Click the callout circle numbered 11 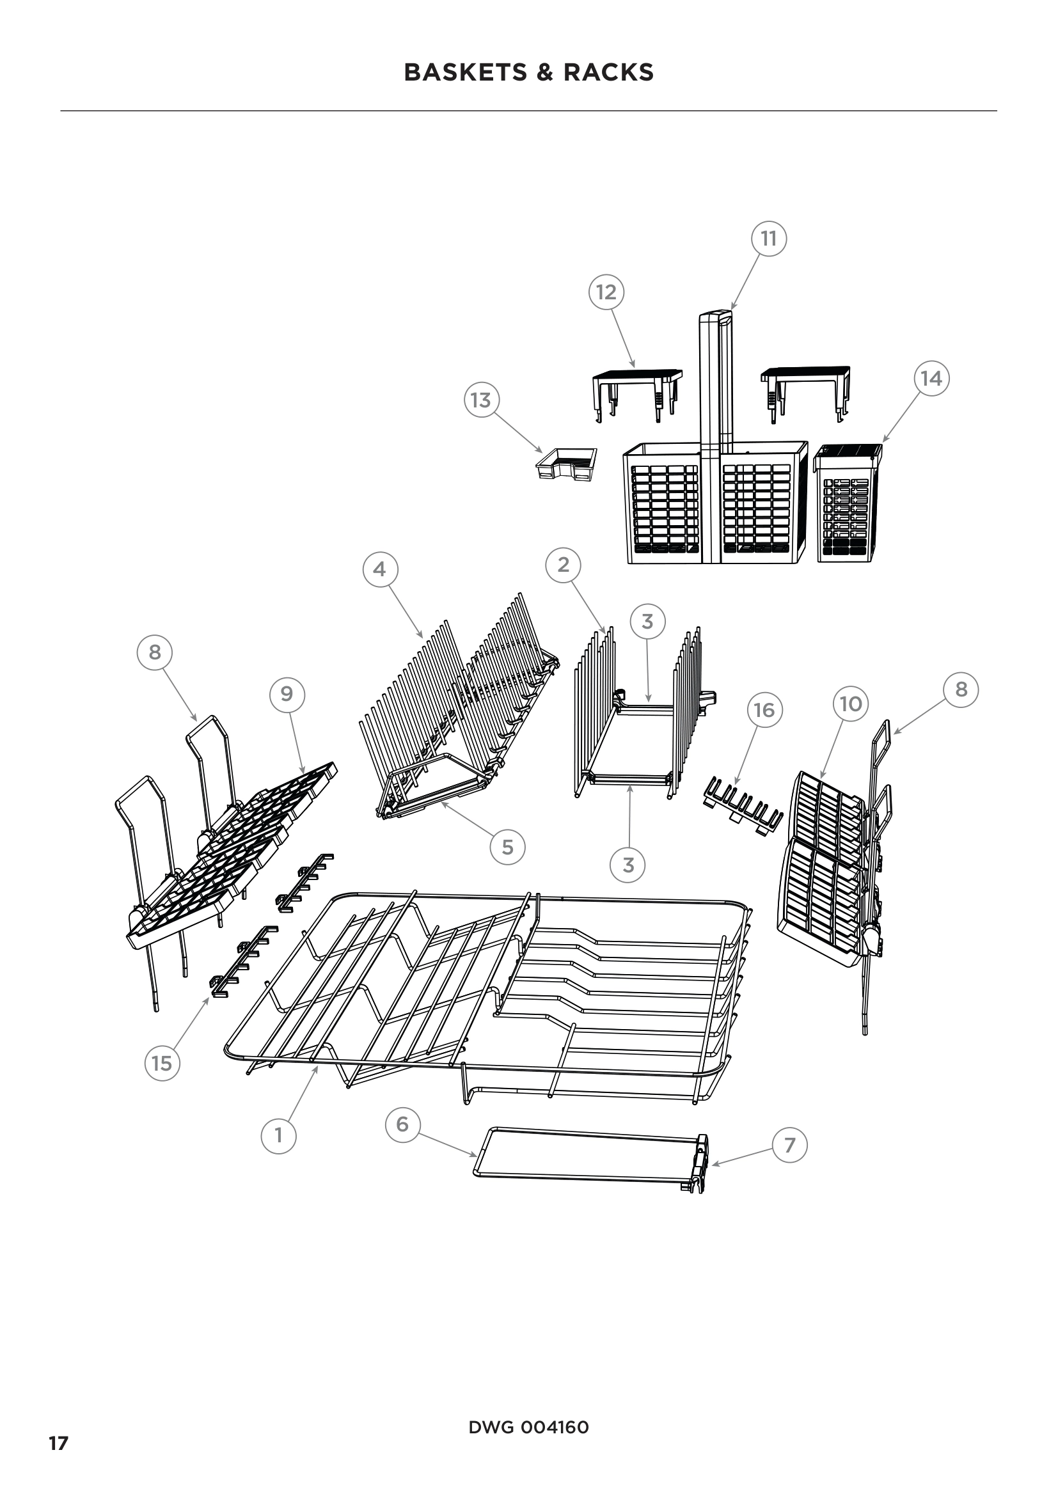point(769,239)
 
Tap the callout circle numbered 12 point(606,292)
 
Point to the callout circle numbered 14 point(931,378)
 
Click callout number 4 point(379,569)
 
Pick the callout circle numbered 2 point(564,564)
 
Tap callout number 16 point(764,709)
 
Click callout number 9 point(287,694)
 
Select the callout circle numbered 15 point(162,1064)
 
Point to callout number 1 point(279,1135)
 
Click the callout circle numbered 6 point(402,1123)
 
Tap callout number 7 point(789,1145)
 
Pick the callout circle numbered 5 point(507,847)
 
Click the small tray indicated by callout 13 point(566,464)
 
